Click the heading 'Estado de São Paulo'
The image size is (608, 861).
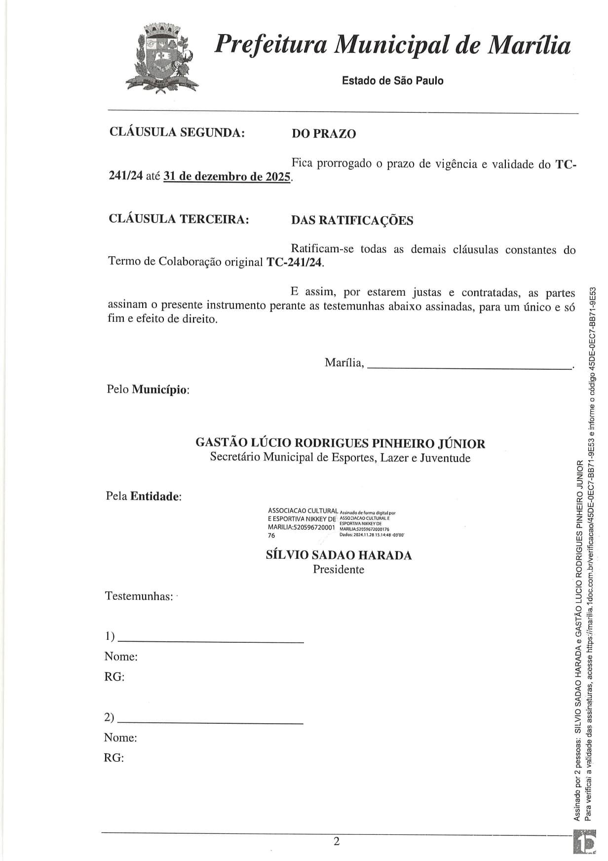click(392, 80)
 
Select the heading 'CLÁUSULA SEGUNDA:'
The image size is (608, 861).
click(177, 132)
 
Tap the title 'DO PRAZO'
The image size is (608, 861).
click(324, 134)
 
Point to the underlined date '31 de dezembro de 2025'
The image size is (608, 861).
click(227, 176)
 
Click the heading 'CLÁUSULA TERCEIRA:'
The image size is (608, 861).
click(179, 219)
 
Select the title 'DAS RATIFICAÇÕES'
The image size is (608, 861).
click(352, 220)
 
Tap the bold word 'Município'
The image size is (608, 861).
click(159, 390)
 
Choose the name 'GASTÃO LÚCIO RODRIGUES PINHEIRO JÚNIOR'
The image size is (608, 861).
click(340, 443)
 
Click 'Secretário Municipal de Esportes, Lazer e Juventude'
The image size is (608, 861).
click(340, 458)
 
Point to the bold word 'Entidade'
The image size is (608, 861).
click(154, 496)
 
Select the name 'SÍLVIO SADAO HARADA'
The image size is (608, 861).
click(339, 555)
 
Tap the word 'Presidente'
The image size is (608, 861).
click(339, 569)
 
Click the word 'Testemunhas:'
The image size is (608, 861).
click(139, 596)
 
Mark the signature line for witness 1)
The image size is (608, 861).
click(211, 640)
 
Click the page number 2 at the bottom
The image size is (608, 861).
click(337, 841)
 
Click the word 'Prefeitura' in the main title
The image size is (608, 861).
click(271, 44)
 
